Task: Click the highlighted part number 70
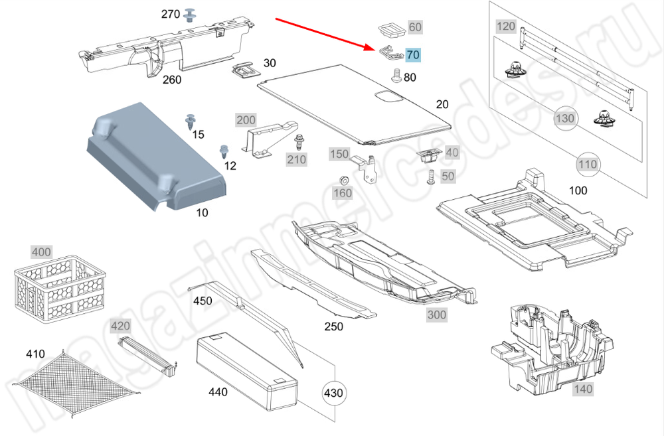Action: pyautogui.click(x=412, y=54)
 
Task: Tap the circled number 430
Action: pyautogui.click(x=333, y=393)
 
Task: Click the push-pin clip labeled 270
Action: pyautogui.click(x=193, y=13)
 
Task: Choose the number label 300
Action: pyautogui.click(x=436, y=315)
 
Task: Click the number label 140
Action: pyautogui.click(x=582, y=390)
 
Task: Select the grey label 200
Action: pyautogui.click(x=246, y=120)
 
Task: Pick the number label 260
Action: pyautogui.click(x=172, y=80)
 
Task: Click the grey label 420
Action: pyautogui.click(x=120, y=326)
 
